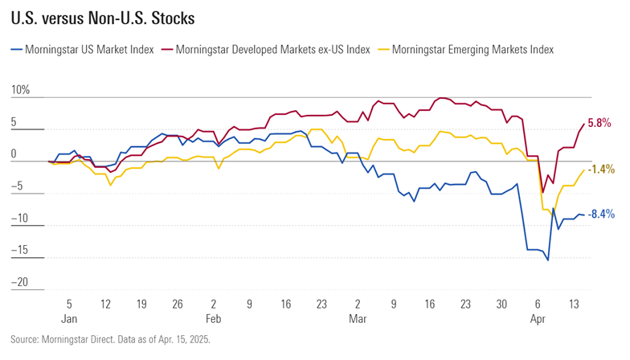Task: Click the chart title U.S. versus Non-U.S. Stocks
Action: coord(104,17)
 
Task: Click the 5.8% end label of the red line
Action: coord(600,123)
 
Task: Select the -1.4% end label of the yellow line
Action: coord(601,170)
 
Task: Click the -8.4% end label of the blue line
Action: coord(601,215)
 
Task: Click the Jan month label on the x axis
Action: coord(68,318)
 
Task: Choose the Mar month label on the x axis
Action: coord(357,318)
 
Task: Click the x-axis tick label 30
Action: coord(501,305)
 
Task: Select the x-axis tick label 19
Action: coord(141,305)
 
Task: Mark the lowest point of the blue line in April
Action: coord(548,260)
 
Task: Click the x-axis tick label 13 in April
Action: coord(573,305)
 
